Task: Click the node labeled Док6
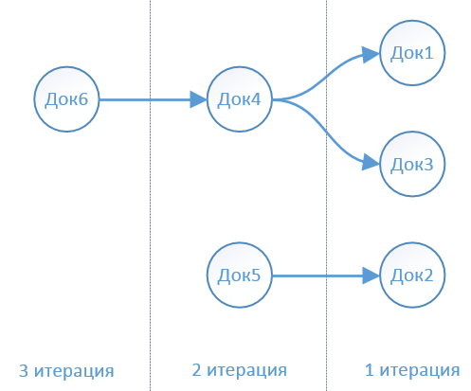[x=66, y=99]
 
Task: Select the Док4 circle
[x=240, y=99]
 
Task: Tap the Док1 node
[x=412, y=53]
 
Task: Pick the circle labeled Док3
[x=412, y=164]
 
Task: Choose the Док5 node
[x=240, y=275]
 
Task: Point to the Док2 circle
[x=412, y=275]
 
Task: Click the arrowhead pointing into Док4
[x=198, y=99]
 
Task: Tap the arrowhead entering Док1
[x=371, y=55]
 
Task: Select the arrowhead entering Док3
[x=371, y=162]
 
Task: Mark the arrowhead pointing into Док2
[x=371, y=275]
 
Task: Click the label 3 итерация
[x=66, y=370]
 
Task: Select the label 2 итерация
[x=240, y=370]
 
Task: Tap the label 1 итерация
[x=412, y=370]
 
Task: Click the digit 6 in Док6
[x=82, y=99]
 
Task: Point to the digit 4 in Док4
[x=255, y=99]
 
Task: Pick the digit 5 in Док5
[x=256, y=275]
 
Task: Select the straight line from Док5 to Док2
[x=317, y=275]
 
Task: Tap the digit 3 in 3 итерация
[x=24, y=370]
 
